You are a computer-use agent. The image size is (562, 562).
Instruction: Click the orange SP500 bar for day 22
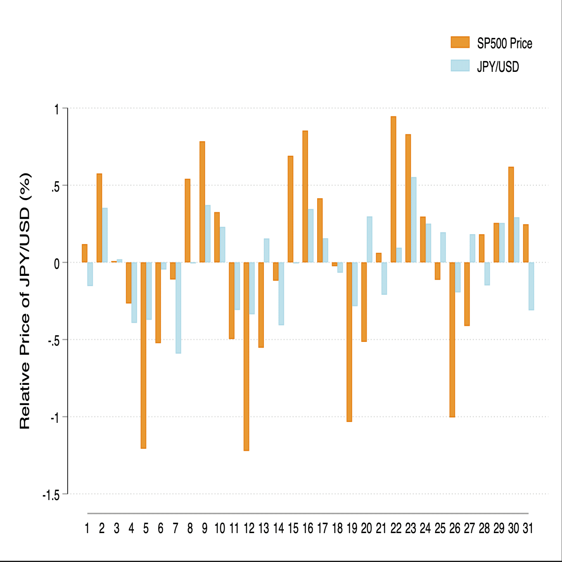393,190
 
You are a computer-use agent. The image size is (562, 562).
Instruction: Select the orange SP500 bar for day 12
246,356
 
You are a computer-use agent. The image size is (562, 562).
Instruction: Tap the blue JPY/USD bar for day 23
413,220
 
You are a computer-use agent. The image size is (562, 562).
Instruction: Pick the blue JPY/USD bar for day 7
178,308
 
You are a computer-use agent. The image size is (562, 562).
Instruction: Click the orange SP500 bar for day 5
143,355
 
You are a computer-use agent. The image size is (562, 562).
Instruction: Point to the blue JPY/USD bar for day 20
369,240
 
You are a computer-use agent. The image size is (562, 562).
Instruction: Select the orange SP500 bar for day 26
452,339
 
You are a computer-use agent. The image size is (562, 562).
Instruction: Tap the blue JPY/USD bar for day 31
531,286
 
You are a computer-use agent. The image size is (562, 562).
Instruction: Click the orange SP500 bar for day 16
305,197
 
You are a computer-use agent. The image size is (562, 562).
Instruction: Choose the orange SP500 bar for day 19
349,342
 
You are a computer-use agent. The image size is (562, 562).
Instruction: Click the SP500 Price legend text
504,43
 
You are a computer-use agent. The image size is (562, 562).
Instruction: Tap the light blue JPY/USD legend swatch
460,66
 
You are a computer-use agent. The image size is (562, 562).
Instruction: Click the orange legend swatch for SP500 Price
460,42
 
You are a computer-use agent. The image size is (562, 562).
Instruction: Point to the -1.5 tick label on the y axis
51,495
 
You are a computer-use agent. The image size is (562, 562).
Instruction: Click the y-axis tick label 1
57,109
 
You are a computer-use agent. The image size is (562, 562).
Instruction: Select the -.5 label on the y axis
54,341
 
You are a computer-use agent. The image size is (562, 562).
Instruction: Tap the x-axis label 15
293,528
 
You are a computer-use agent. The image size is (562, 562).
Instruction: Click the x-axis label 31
528,528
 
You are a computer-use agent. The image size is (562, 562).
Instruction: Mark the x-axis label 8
190,528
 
